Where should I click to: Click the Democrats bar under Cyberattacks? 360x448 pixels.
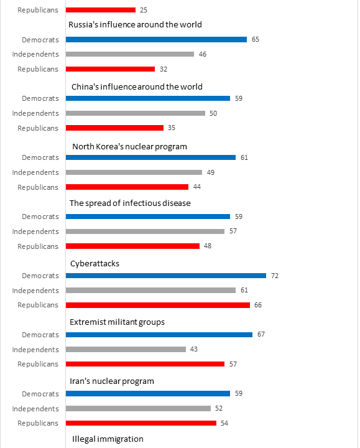(166, 276)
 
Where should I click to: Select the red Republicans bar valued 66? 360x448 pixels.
(158, 305)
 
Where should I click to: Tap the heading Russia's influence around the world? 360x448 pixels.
(135, 24)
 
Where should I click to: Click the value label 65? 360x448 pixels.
(256, 39)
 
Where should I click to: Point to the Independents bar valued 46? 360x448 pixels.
(130, 54)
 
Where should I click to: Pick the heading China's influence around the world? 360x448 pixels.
(137, 87)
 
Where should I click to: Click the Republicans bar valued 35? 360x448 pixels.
(115, 128)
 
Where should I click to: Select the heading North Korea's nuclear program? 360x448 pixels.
(129, 147)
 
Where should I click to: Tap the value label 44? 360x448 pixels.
(197, 187)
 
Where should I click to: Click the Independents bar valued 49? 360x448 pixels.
(134, 172)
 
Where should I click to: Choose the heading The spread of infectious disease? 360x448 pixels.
(130, 203)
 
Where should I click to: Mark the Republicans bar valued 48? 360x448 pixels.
(133, 246)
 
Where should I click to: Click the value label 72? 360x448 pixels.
(275, 276)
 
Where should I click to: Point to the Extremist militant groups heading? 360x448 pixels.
(117, 322)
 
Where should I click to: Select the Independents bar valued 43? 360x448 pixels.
(126, 350)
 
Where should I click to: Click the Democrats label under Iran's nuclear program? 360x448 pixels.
(40, 394)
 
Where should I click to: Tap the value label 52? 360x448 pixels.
(219, 408)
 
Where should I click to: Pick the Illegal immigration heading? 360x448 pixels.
(108, 439)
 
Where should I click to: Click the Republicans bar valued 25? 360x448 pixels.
(101, 10)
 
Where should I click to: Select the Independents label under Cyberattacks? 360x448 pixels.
(35, 291)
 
